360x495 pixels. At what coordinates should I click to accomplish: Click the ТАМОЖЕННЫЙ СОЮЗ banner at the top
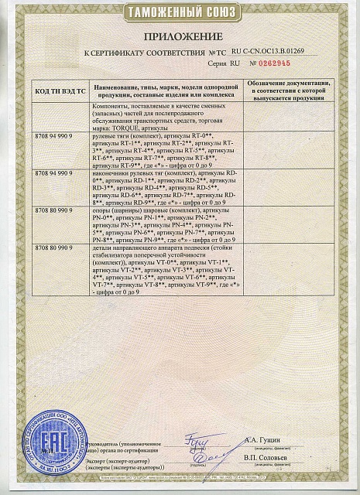coord(180,14)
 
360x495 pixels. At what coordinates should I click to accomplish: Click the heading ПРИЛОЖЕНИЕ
coord(180,37)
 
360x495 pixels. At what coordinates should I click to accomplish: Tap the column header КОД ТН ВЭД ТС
coord(59,90)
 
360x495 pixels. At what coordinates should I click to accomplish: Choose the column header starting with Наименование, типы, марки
coord(166,90)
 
